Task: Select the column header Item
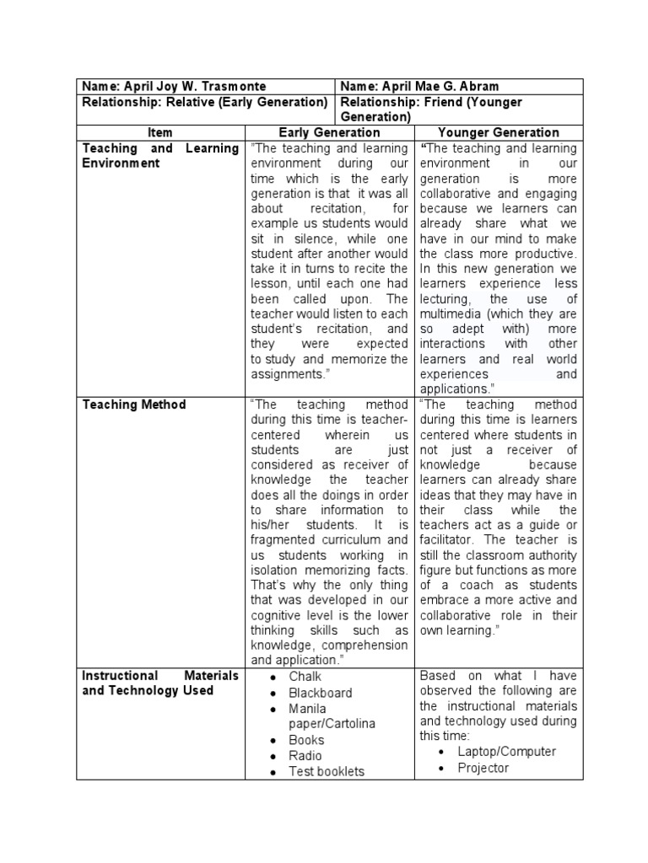159,132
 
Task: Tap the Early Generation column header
330,132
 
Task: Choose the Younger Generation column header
499,132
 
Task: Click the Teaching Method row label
134,405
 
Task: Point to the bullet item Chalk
305,677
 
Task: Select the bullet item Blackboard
321,693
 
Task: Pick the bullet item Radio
305,756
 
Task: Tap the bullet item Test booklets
327,772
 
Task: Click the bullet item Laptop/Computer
507,752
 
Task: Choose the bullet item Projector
483,768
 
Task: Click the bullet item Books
306,740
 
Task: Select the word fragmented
287,539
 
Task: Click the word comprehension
364,646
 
